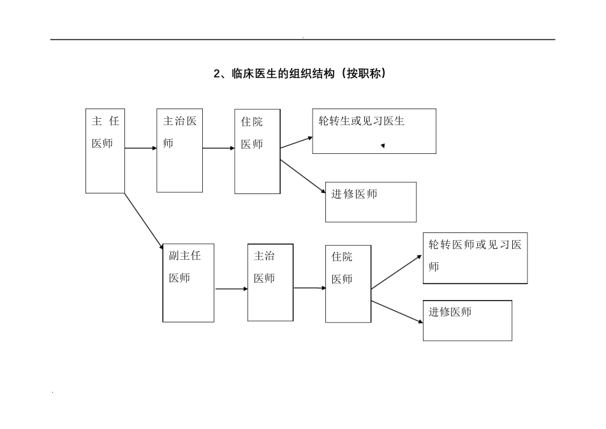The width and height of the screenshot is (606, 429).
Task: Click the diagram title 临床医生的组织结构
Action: [x=299, y=74]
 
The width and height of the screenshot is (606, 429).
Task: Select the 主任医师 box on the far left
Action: [x=105, y=151]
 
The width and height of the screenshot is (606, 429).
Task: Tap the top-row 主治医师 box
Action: [x=180, y=151]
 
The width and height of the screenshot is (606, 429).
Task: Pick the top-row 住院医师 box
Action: [x=257, y=151]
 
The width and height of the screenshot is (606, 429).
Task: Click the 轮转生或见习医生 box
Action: [x=374, y=131]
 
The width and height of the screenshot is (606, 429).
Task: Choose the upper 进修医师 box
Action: [x=371, y=202]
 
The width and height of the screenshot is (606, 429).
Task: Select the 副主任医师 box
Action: [x=188, y=282]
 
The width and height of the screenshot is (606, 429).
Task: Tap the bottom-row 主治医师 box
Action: [x=270, y=282]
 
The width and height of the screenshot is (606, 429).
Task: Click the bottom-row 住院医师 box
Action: [x=348, y=283]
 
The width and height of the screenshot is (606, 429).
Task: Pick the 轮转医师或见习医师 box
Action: [x=475, y=258]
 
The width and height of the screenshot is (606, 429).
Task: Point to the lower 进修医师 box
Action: [x=468, y=320]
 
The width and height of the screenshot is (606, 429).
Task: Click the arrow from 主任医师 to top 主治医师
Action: [x=140, y=148]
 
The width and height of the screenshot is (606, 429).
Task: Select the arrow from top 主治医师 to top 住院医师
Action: [x=219, y=148]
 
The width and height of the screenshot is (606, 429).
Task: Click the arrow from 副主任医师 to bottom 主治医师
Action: [x=231, y=289]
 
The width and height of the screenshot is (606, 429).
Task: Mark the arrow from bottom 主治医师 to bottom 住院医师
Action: [x=309, y=289]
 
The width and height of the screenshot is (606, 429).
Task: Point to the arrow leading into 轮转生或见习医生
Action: [x=297, y=142]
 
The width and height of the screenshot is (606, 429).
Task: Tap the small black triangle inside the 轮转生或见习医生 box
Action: [x=383, y=146]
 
